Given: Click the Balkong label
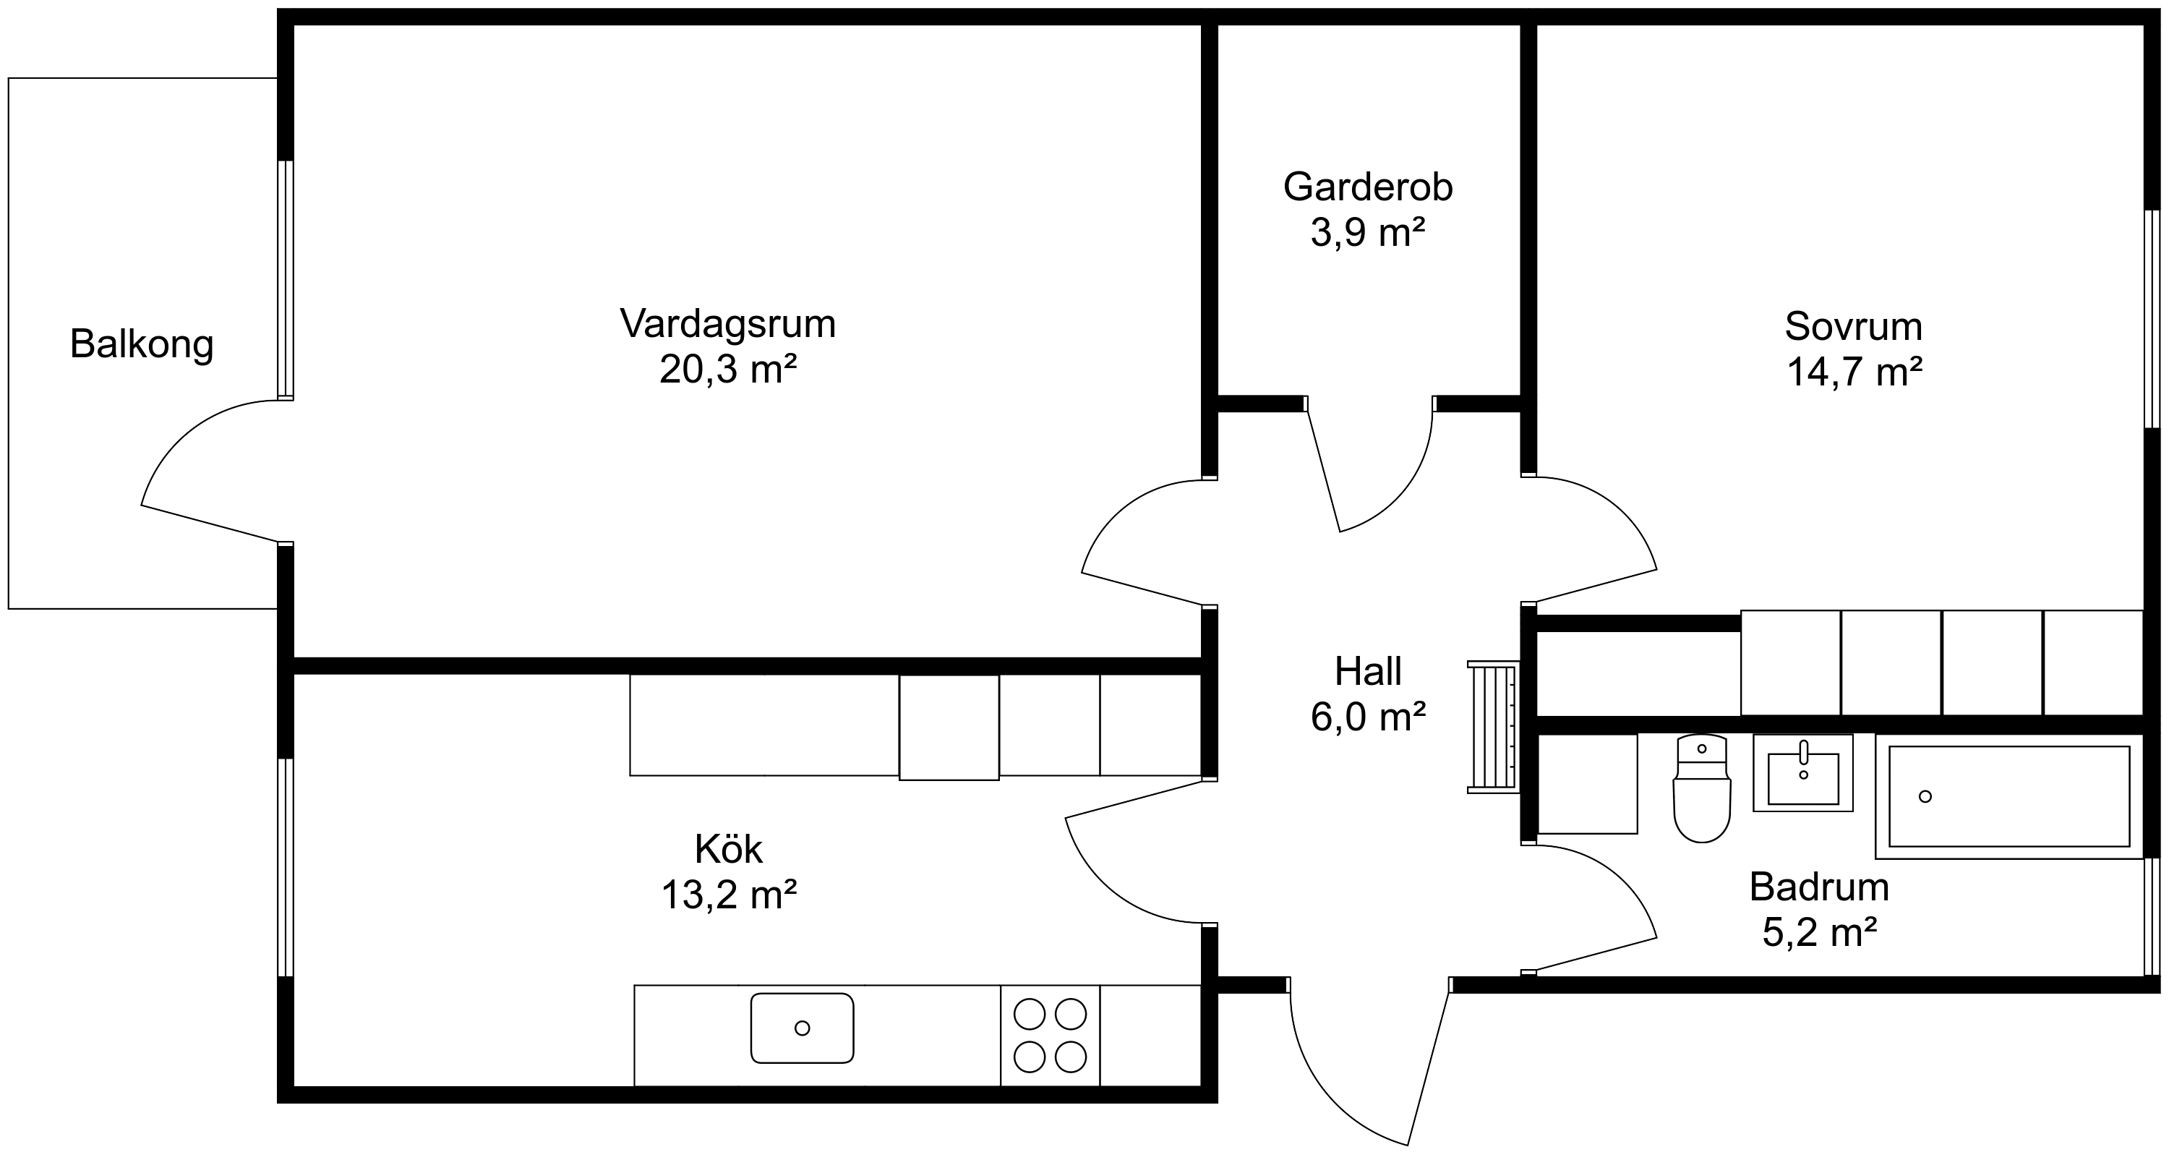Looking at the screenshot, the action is click(x=142, y=344).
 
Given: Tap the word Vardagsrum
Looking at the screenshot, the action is click(x=728, y=323).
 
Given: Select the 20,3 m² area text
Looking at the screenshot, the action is click(x=728, y=369).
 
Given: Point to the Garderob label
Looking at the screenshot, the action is click(x=1368, y=187).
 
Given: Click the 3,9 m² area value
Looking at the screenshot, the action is click(x=1368, y=232).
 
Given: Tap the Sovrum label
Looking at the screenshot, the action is click(x=1854, y=327).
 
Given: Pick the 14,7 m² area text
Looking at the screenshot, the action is click(x=1854, y=372).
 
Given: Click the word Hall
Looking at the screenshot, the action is click(x=1368, y=671).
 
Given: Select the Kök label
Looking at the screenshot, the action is click(x=728, y=849).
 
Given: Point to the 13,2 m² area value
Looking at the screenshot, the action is click(x=728, y=895).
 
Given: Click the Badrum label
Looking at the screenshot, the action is click(x=1820, y=887).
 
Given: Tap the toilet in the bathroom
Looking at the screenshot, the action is click(x=1702, y=788).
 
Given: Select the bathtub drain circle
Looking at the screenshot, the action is click(x=1925, y=796).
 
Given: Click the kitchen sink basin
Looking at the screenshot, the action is click(x=803, y=1028).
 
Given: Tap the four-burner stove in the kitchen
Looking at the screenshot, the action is click(x=1050, y=1036).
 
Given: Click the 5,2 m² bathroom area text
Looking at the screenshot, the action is click(x=1820, y=932).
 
